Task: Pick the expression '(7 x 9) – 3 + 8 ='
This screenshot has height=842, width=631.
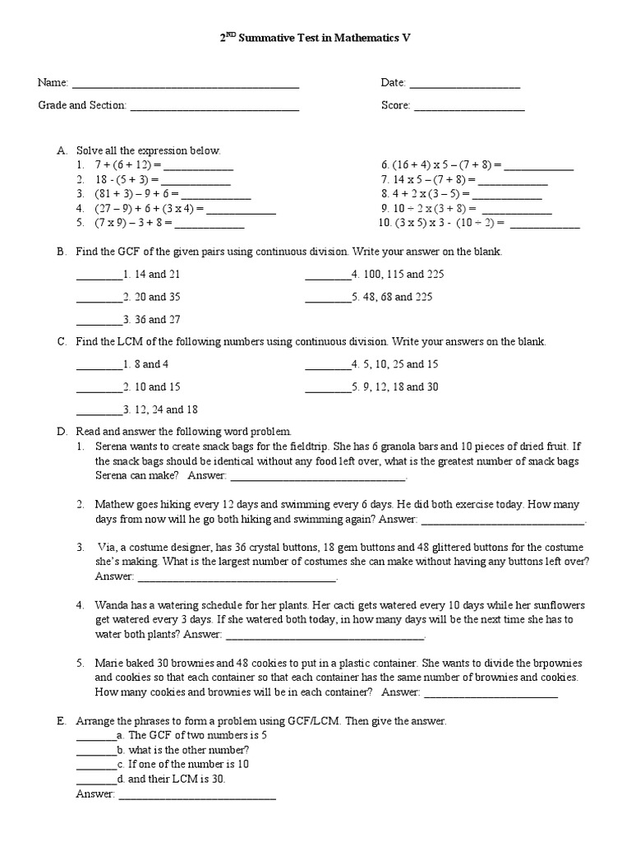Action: [133, 222]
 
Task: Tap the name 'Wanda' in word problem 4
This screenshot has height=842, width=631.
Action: [112, 604]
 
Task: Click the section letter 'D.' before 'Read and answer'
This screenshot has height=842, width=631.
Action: [62, 431]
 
